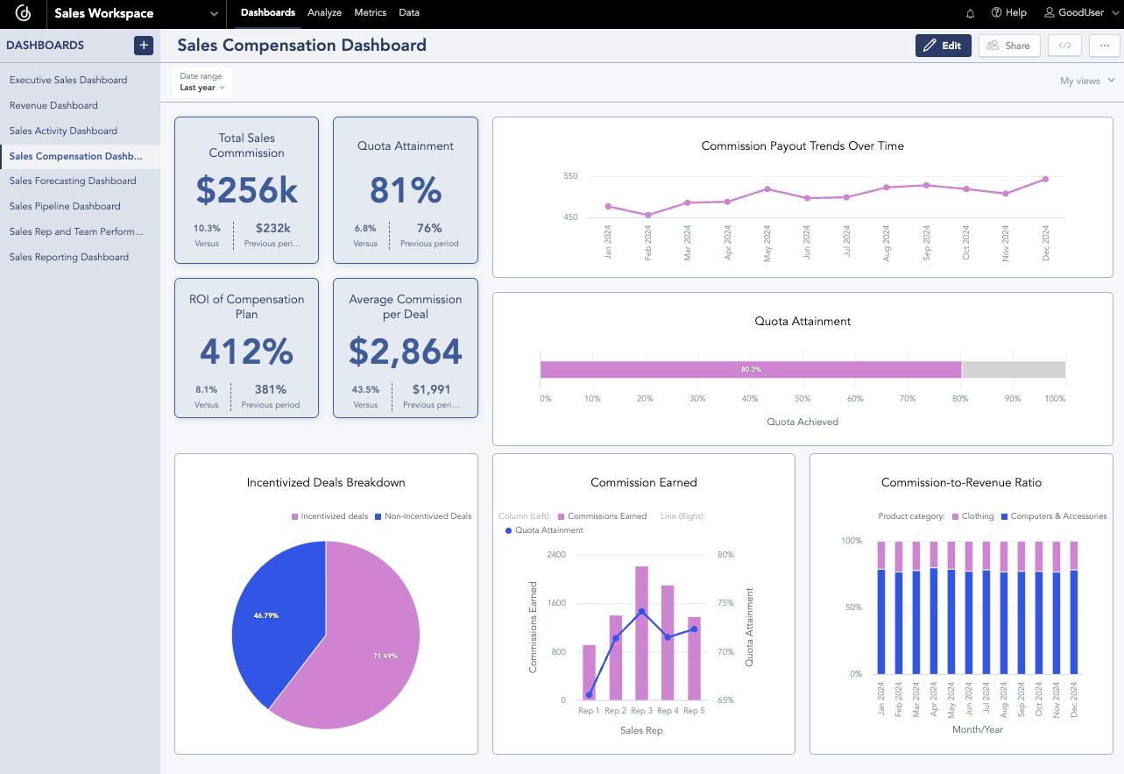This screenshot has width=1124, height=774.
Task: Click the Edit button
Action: tap(943, 46)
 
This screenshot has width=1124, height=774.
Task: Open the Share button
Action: tap(1008, 46)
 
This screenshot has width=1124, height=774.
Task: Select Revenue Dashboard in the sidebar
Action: tap(53, 105)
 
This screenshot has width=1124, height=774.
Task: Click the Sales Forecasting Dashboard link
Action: tap(73, 181)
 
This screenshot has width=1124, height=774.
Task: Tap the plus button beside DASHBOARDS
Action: tap(144, 46)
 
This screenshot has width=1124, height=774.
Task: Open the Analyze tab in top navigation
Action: tap(324, 13)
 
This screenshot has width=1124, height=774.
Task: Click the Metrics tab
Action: tap(370, 13)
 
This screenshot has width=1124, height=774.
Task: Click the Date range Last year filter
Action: tap(202, 82)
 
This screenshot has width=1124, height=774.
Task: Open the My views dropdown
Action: tap(1086, 81)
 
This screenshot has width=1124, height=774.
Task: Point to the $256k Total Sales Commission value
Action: tap(246, 190)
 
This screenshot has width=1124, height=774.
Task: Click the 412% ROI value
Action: tap(246, 351)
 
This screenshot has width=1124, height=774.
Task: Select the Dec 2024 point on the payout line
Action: tap(1045, 179)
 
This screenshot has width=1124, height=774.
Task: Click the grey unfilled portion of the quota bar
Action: tap(1013, 370)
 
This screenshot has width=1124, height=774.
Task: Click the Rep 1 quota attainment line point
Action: tap(589, 694)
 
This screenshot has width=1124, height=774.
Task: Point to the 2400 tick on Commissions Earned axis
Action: tap(556, 555)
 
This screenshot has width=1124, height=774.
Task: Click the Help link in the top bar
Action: tap(1008, 13)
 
